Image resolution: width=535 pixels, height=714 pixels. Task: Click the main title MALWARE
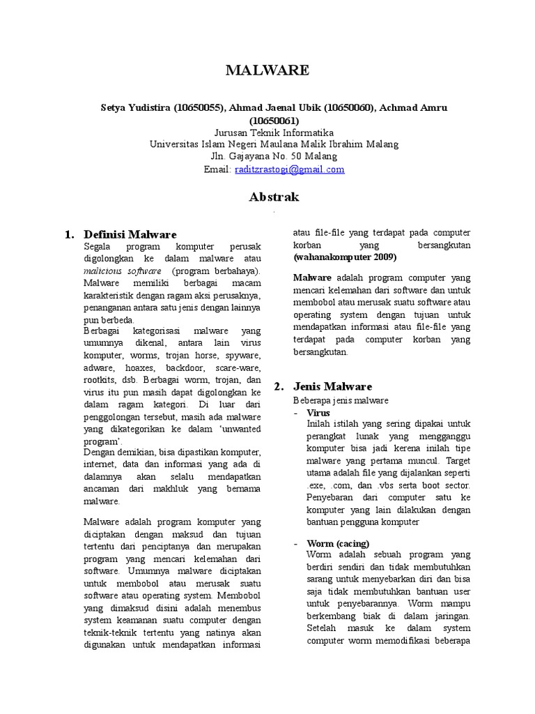point(267,70)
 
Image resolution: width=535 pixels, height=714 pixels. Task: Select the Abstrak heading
point(274,197)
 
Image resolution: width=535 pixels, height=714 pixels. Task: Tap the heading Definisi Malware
point(130,234)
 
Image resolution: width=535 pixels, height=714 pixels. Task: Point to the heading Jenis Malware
point(333,386)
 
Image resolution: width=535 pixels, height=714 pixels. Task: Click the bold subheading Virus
point(318,412)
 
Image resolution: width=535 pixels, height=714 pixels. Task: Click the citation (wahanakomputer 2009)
point(345,257)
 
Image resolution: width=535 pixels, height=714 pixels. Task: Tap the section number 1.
point(68,234)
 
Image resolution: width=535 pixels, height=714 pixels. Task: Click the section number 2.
point(278,386)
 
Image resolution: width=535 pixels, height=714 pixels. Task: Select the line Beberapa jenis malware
point(341,400)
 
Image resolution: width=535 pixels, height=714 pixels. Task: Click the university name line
point(274,144)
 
